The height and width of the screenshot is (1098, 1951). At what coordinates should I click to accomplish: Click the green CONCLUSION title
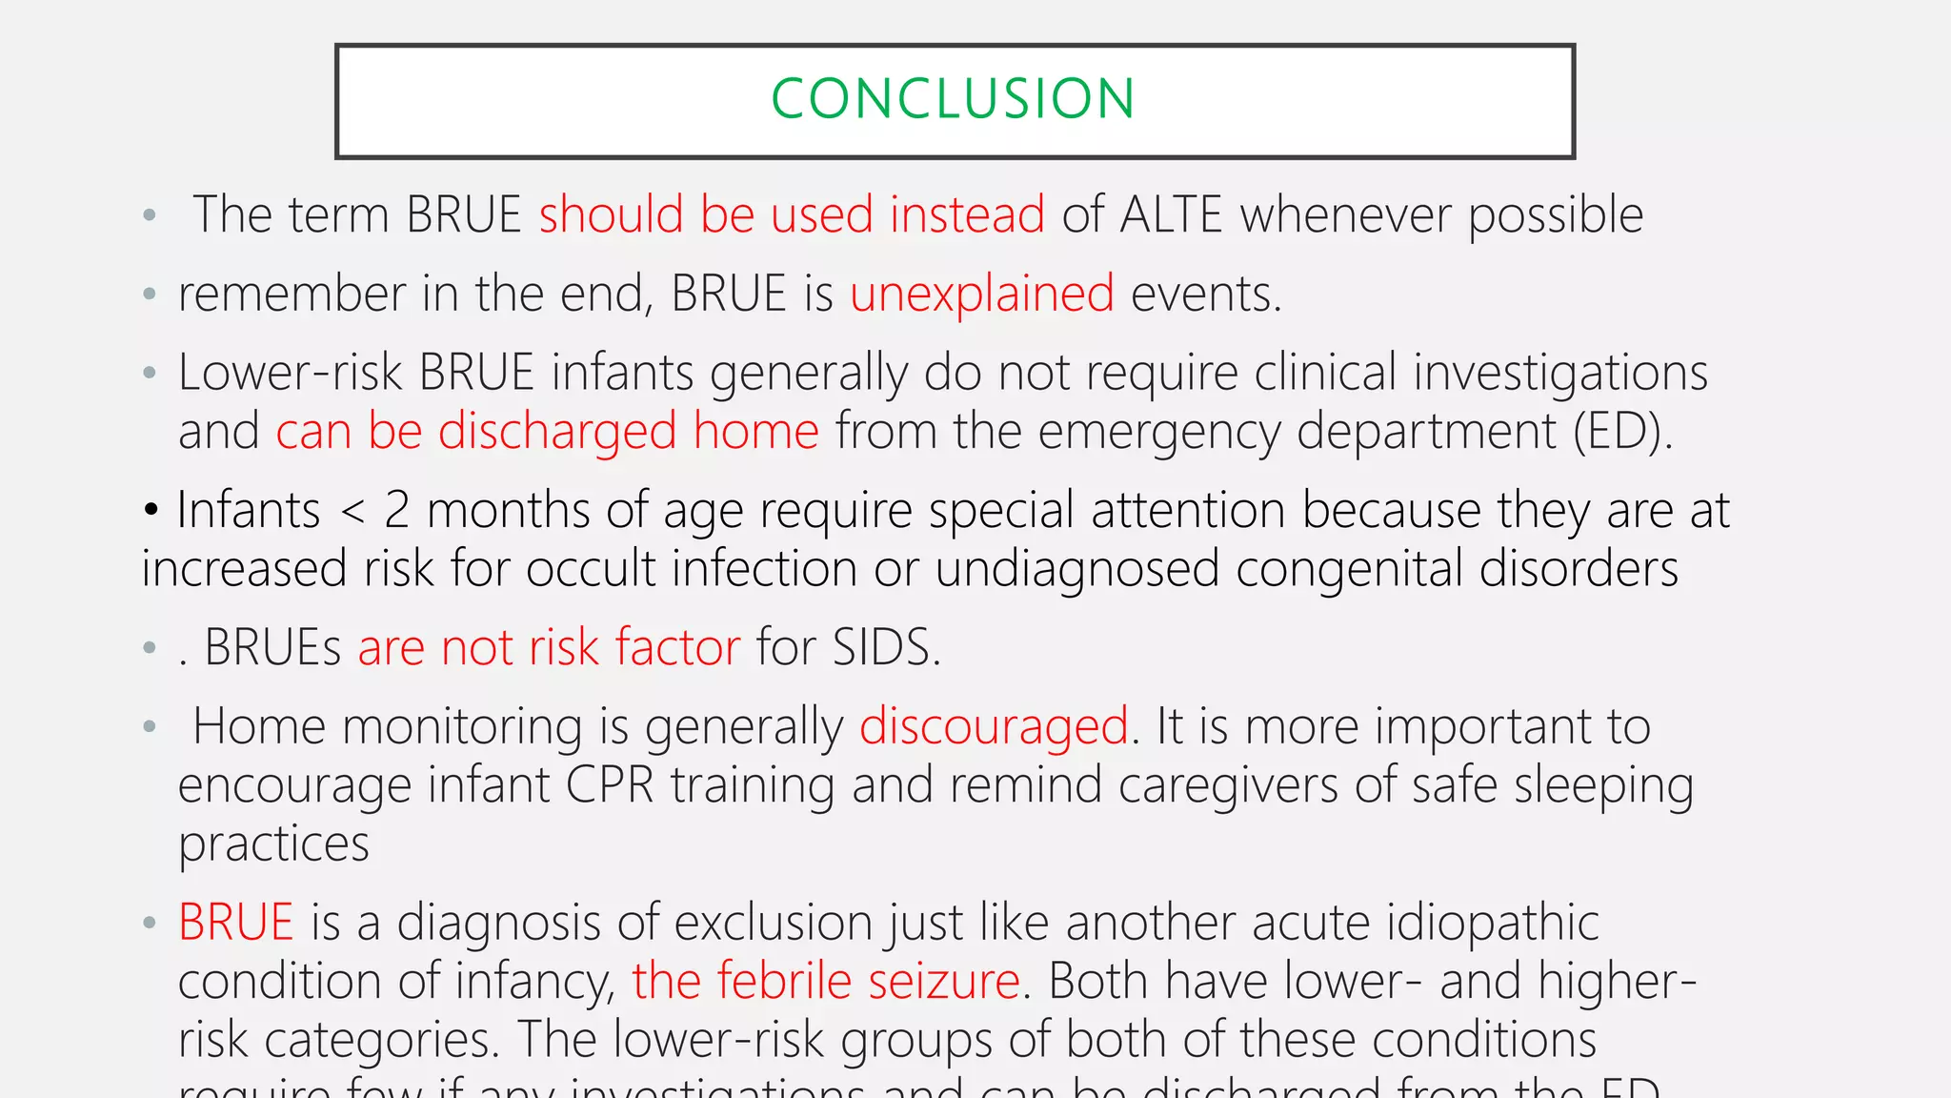(x=953, y=99)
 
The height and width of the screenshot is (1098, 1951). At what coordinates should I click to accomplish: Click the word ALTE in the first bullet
(x=1171, y=214)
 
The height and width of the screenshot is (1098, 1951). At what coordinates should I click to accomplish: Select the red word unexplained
(x=982, y=294)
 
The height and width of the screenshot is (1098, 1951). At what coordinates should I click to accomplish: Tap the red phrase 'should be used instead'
(x=792, y=214)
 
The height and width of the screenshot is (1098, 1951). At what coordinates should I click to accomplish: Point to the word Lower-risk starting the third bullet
(x=290, y=373)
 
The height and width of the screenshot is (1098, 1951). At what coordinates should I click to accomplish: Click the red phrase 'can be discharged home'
(x=547, y=432)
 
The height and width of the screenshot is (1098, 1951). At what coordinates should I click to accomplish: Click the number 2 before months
(x=396, y=511)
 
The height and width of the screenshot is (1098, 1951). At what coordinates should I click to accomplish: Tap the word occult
(x=590, y=569)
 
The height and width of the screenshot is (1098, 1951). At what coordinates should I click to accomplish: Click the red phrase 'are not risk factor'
(x=549, y=648)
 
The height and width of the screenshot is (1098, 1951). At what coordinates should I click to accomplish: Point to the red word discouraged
(x=994, y=727)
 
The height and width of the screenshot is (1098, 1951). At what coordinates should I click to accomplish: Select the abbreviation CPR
(x=609, y=785)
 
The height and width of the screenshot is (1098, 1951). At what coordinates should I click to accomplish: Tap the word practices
(x=273, y=845)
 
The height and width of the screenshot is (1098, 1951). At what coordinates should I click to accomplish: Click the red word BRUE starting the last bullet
(x=235, y=923)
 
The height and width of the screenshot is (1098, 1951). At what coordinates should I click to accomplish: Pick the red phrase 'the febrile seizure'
(x=826, y=981)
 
